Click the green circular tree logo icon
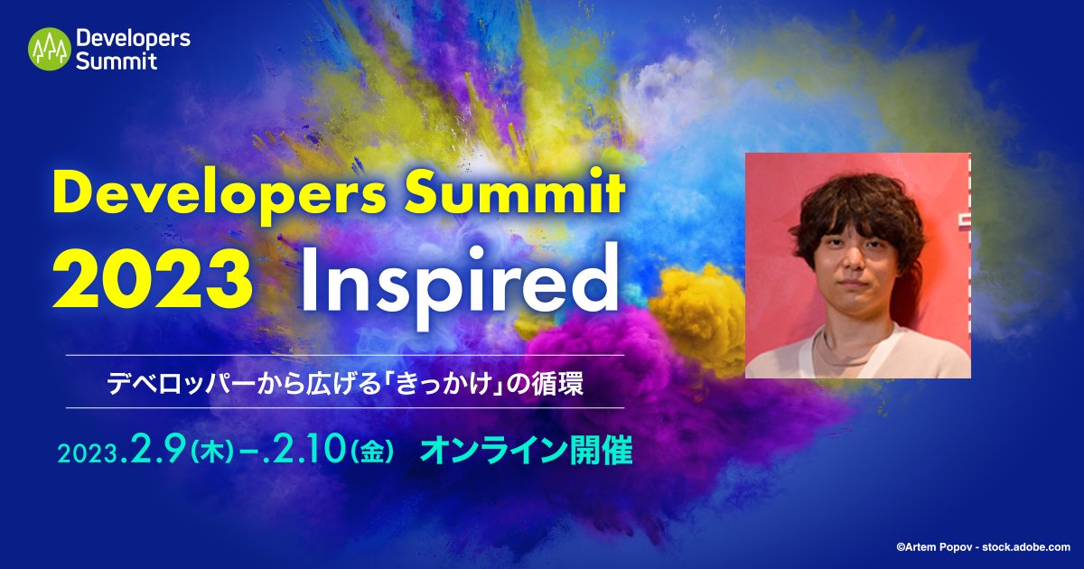click(50, 49)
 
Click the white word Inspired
click(460, 285)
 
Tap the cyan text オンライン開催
click(526, 450)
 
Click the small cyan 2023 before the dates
click(89, 453)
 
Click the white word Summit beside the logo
click(117, 61)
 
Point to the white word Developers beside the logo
click(133, 40)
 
